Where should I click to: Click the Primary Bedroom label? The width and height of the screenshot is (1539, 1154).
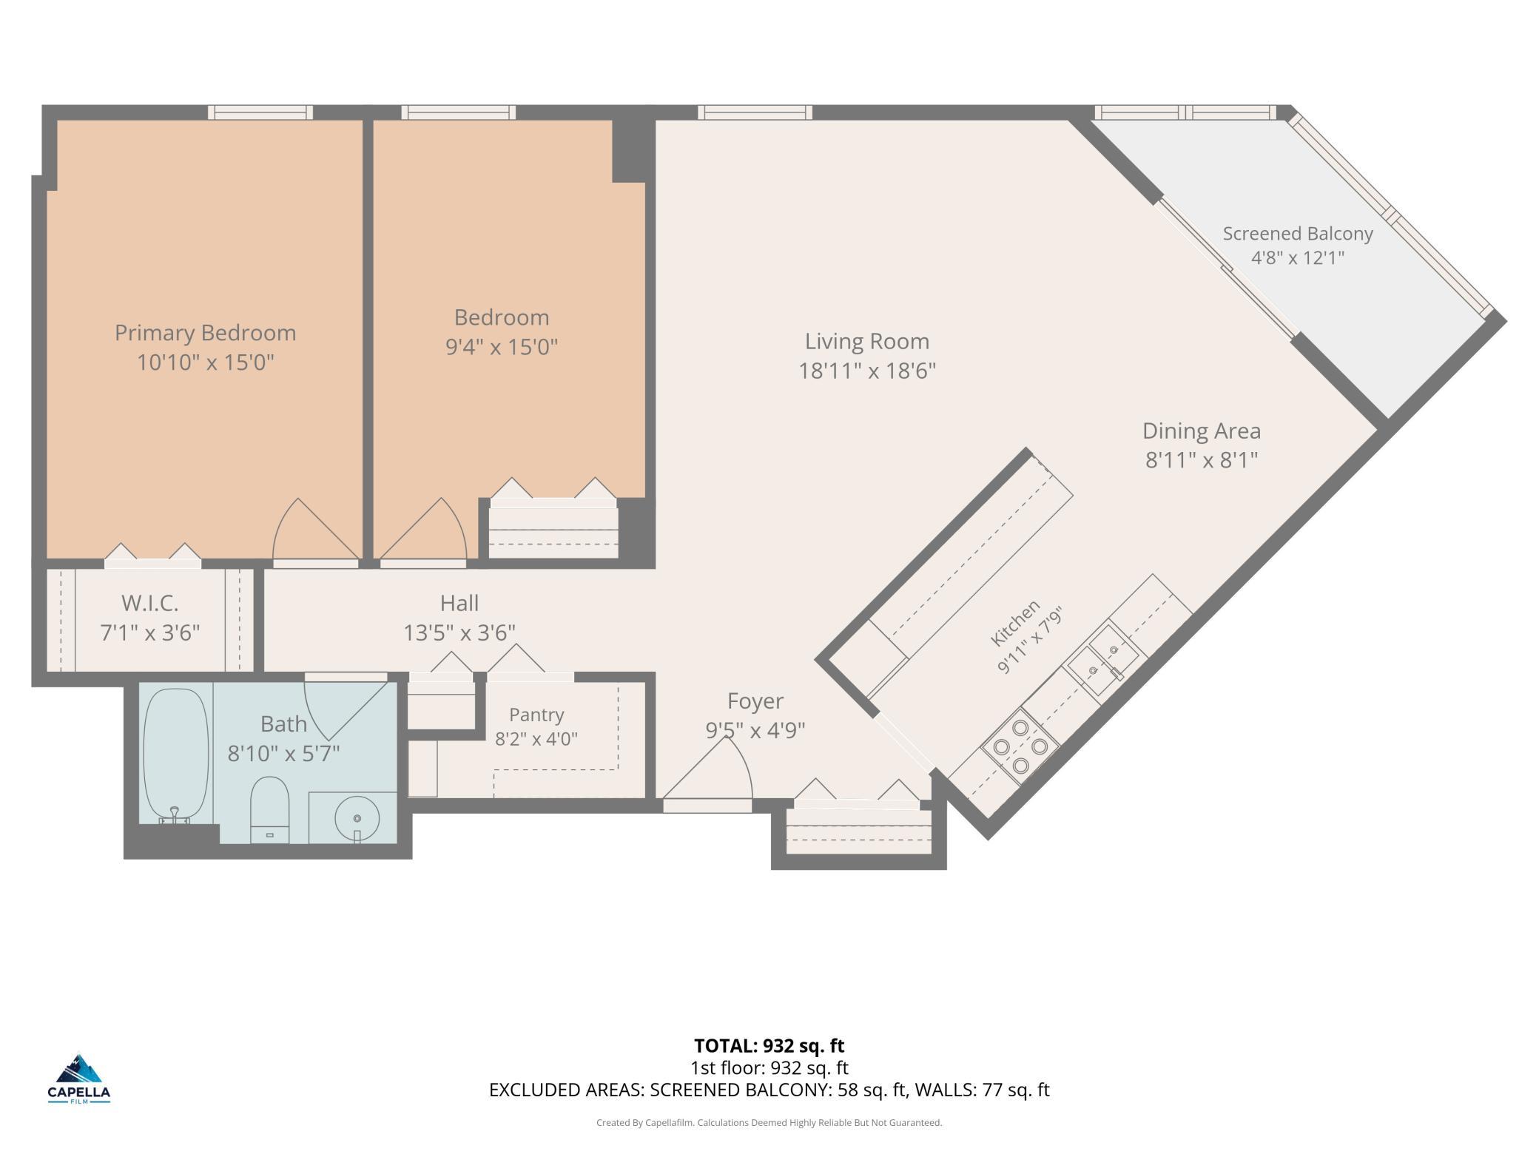point(205,333)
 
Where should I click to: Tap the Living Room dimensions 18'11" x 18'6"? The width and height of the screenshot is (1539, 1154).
point(867,371)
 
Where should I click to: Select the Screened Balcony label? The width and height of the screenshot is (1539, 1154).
point(1298,234)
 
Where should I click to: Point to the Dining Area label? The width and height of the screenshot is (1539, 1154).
point(1202,431)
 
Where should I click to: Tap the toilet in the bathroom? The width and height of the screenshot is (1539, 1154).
point(269,809)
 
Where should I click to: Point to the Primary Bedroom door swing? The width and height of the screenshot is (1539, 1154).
point(315,529)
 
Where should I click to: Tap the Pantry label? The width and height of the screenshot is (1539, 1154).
point(536,715)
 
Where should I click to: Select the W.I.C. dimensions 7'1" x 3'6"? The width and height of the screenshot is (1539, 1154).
point(150,633)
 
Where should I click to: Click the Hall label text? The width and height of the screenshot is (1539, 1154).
point(459,603)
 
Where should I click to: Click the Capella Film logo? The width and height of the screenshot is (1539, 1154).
point(79,1079)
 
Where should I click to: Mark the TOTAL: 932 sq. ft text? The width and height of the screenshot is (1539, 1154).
point(769,1045)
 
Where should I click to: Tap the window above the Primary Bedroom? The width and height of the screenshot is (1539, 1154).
point(260,112)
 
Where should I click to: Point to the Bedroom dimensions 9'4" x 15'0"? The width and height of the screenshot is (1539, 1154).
point(502,347)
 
